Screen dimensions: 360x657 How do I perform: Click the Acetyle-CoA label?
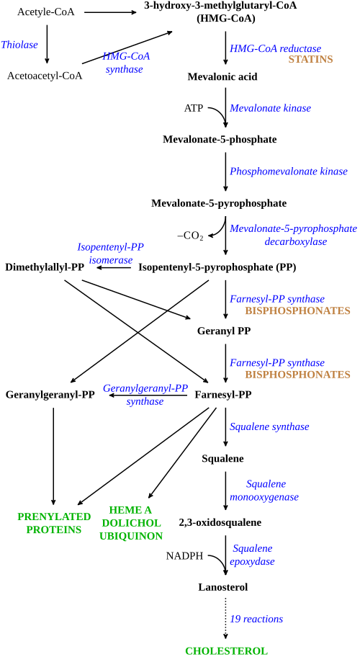click(x=46, y=12)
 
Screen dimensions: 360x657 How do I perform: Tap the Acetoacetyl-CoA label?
click(x=45, y=76)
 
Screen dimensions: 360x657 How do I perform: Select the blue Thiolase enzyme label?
click(x=19, y=45)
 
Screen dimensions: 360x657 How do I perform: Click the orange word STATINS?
click(x=310, y=59)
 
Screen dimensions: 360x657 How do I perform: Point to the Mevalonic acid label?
click(x=222, y=76)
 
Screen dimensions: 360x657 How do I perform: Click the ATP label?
click(x=194, y=109)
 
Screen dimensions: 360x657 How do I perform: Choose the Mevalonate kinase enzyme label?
click(x=271, y=108)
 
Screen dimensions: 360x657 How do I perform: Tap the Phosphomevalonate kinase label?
click(x=289, y=171)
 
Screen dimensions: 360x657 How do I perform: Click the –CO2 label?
click(x=191, y=236)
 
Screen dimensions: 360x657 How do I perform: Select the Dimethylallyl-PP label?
click(x=45, y=267)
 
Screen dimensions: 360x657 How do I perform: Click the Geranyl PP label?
click(x=223, y=331)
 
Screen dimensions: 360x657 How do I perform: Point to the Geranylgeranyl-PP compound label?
click(x=50, y=394)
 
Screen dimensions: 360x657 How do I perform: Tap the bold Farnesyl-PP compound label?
click(x=223, y=394)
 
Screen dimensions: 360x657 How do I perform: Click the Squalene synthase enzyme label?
click(x=269, y=426)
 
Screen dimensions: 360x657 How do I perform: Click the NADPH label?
click(x=184, y=556)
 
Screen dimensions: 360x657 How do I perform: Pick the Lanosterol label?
click(x=223, y=587)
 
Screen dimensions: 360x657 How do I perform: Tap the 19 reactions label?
click(x=256, y=619)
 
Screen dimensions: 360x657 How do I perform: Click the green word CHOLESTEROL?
click(x=226, y=651)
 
